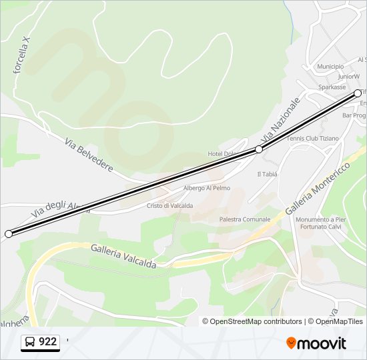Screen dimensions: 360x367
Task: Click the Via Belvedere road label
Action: tap(89, 155)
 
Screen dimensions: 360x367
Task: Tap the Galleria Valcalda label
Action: tap(123, 256)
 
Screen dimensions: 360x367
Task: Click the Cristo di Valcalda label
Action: tap(169, 206)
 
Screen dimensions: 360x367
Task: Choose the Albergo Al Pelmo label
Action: tap(207, 188)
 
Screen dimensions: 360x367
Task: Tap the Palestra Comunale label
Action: tap(245, 219)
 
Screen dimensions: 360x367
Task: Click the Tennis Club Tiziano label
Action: tap(312, 139)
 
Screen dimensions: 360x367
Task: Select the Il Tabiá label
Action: tap(267, 174)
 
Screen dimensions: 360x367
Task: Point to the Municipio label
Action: tap(330, 67)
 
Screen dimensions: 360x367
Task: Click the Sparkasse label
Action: tap(332, 87)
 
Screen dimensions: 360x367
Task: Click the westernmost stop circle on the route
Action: tap(9, 234)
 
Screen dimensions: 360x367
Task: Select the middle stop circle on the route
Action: tap(259, 150)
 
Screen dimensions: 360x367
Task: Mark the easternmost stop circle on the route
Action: tap(358, 93)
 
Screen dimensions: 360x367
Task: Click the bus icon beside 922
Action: tap(30, 342)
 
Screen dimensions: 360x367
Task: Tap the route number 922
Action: tap(48, 342)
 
